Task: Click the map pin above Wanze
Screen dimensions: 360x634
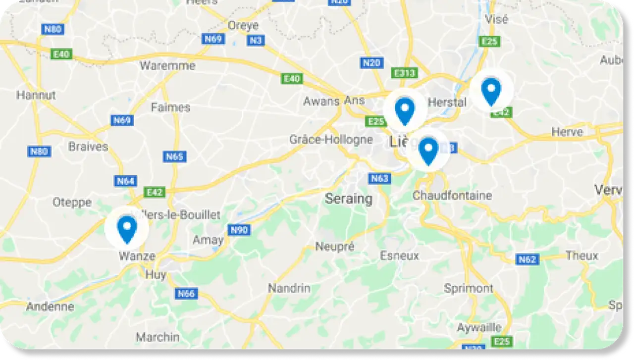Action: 127,229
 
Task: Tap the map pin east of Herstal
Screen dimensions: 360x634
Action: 491,92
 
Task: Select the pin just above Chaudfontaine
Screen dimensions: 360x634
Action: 428,151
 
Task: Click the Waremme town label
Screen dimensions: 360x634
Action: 167,65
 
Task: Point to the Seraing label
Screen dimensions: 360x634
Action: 348,199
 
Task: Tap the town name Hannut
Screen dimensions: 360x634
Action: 36,95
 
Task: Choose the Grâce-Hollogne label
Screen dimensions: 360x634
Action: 331,140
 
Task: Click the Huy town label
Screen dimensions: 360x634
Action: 156,275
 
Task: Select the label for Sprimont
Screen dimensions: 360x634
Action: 469,288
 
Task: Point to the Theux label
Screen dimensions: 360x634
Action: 582,256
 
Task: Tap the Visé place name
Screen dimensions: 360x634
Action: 497,19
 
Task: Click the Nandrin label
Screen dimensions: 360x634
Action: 289,288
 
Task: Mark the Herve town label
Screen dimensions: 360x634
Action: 567,132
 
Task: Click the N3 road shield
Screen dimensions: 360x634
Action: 255,41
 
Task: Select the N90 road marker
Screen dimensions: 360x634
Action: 239,230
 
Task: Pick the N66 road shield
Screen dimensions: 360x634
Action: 186,294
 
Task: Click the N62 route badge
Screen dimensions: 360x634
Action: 527,259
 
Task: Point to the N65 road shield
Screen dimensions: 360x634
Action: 174,157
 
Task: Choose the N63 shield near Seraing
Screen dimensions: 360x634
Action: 379,179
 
